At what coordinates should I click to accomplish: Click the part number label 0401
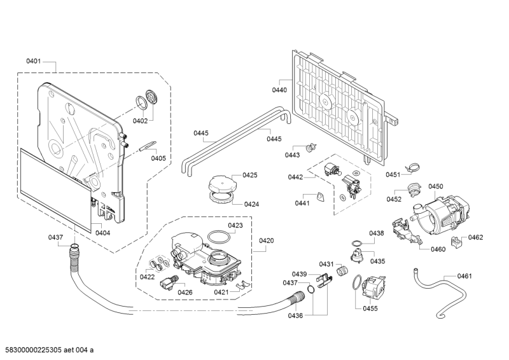coord(34,62)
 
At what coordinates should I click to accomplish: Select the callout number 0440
coord(280,90)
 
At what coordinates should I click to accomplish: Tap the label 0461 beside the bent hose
coord(464,276)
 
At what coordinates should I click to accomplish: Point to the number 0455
coord(370,308)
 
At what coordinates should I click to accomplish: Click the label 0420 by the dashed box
coord(267,241)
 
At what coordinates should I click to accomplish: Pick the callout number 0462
coord(475,237)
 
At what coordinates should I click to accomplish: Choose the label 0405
coord(158,158)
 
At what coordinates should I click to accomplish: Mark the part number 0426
coord(185,292)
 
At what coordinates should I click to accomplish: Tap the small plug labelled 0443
coord(310,148)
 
